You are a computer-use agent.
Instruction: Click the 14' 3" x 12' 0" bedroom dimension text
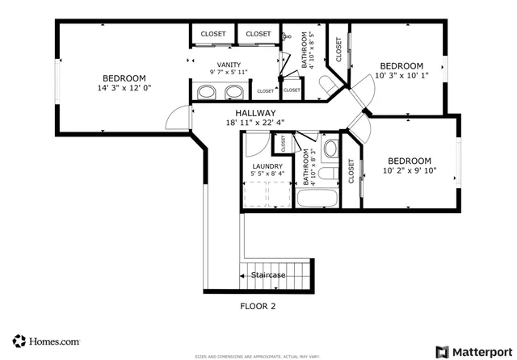[x=124, y=87]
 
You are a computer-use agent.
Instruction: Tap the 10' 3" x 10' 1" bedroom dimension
[x=401, y=77]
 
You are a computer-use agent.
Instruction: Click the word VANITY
[x=229, y=65]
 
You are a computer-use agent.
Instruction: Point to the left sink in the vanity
[x=208, y=93]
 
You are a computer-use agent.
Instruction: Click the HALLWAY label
[x=255, y=113]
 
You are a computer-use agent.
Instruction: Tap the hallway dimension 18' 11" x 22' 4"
[x=255, y=123]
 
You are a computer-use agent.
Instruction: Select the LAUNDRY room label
[x=267, y=166]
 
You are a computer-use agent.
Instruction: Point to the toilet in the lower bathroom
[x=330, y=149]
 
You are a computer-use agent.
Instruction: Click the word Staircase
[x=267, y=275]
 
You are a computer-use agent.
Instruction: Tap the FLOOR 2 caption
[x=258, y=306]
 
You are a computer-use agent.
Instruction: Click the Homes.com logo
[x=45, y=341]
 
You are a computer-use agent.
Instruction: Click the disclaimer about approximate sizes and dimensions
[x=258, y=356]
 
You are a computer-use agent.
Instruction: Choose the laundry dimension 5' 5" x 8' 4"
[x=267, y=174]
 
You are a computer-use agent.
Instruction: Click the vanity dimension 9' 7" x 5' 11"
[x=229, y=73]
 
